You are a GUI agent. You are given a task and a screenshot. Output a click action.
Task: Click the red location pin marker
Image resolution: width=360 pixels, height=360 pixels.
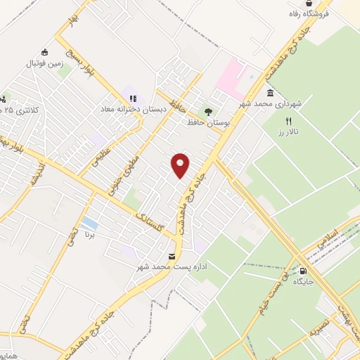[181, 165]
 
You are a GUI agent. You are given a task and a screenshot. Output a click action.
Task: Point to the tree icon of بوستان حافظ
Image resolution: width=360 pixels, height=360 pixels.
[207, 110]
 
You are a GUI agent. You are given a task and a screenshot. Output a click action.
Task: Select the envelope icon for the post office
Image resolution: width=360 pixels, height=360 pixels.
[172, 257]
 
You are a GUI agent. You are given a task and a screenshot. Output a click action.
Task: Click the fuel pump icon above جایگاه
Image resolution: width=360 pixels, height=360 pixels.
[303, 271]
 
